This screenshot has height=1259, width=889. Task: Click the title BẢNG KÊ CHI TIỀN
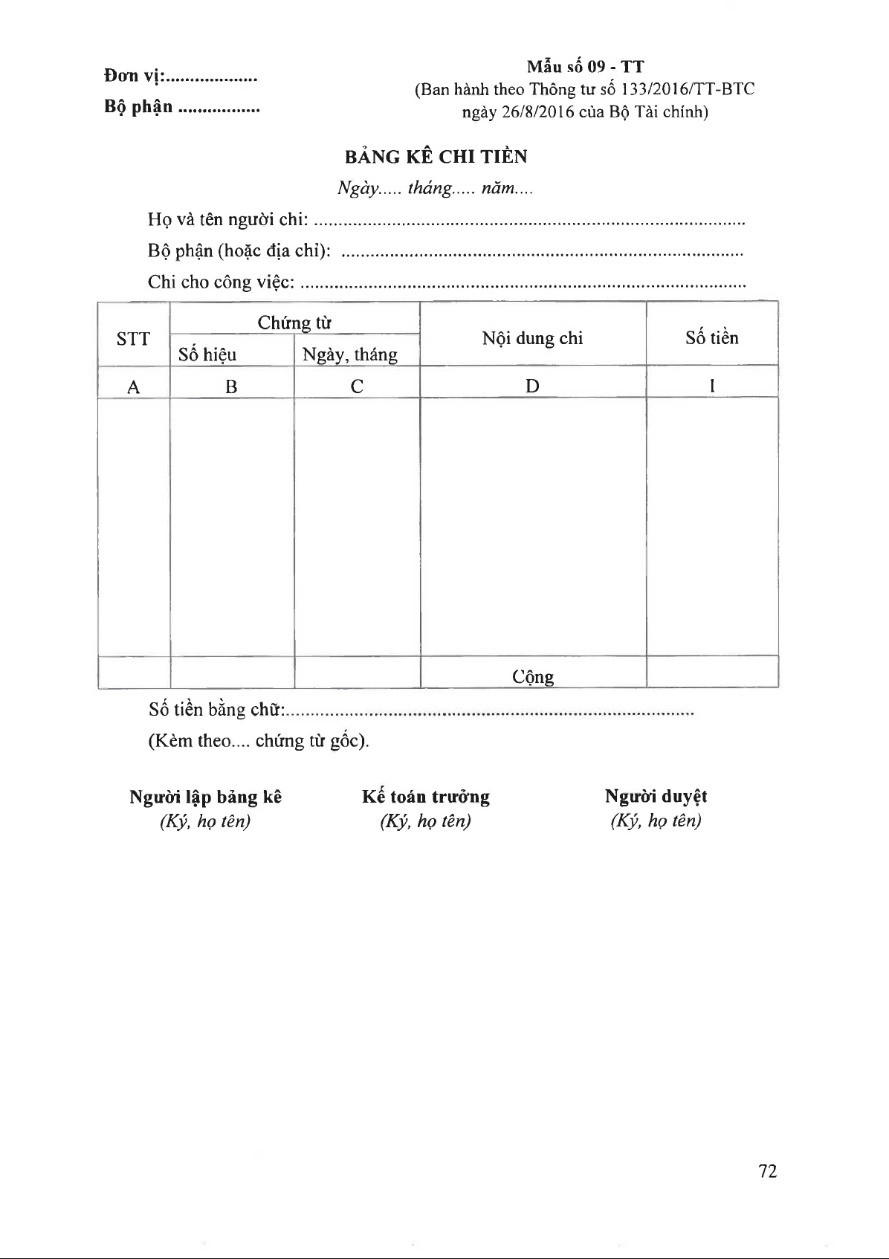(436, 157)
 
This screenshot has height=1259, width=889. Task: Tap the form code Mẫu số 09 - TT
(585, 67)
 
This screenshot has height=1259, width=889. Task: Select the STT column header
(134, 339)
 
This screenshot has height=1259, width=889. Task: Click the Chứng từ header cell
(294, 323)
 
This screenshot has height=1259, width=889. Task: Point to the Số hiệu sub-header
(207, 355)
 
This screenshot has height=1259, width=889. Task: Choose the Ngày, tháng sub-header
(350, 355)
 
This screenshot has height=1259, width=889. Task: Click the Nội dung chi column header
(532, 338)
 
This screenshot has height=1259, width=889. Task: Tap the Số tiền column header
(711, 338)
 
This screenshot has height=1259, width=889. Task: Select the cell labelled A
(134, 386)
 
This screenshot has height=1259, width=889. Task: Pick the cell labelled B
(231, 386)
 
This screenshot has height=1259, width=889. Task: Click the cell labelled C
(357, 386)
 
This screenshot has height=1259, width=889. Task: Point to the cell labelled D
(532, 386)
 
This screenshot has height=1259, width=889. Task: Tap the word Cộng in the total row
(533, 677)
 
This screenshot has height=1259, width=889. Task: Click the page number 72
(767, 1171)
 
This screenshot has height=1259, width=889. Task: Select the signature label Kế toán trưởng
(426, 797)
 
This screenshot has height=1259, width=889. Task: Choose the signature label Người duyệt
(656, 797)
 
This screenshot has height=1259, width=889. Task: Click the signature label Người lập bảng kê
(206, 797)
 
